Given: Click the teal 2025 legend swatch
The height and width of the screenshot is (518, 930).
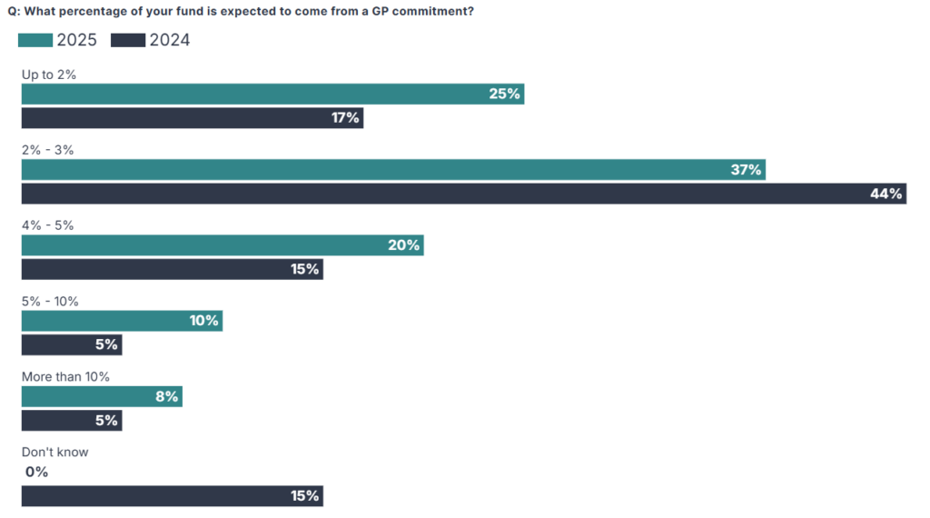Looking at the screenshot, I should tap(35, 40).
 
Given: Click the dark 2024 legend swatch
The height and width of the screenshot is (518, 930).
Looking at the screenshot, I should tap(128, 40).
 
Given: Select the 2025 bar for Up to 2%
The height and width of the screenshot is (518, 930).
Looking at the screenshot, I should tap(272, 94).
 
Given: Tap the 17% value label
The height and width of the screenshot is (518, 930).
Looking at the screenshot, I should tap(345, 118).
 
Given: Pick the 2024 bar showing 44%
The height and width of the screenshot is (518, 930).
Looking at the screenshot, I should tap(463, 194).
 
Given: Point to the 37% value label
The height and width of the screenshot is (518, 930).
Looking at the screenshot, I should tap(746, 170).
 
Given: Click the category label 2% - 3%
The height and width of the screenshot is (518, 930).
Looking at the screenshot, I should tap(47, 150).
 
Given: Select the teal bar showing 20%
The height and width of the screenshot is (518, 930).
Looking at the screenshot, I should tap(223, 245).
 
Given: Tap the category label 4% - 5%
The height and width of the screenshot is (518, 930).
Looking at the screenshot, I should tap(47, 225).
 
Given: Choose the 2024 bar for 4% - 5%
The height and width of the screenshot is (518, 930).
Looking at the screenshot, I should tap(173, 269).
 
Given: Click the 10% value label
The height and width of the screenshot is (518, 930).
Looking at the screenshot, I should tap(203, 321).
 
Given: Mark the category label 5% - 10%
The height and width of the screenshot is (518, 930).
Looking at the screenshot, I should tap(50, 301).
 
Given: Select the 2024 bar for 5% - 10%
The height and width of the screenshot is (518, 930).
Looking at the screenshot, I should tap(72, 344).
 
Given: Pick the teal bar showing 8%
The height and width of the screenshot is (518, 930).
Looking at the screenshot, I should tap(102, 396).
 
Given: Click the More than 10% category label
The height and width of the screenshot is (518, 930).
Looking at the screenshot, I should tap(65, 376).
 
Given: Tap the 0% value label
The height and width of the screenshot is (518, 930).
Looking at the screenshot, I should tap(36, 472).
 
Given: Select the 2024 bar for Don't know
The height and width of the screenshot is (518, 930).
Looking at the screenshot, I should tap(173, 496).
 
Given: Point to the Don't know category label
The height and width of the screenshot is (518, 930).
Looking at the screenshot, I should tap(54, 452).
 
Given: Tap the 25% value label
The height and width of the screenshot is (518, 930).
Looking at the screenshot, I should tap(504, 94).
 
